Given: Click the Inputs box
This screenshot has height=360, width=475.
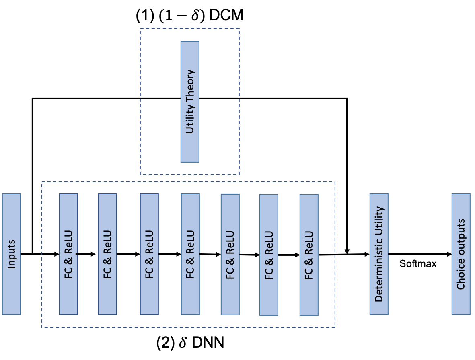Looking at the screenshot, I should point(11,254).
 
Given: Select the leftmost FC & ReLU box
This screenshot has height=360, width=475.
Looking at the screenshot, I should point(68,254).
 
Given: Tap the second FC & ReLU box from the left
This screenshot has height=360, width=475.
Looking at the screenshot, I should point(107,254).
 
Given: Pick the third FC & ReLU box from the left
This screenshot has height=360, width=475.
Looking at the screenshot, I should point(149,254).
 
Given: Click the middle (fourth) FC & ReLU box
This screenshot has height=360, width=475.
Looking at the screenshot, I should point(190,254).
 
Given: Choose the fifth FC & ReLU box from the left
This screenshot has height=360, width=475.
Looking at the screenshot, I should point(230,254).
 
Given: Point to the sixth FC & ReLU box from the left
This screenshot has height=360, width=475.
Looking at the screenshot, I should point(269,255).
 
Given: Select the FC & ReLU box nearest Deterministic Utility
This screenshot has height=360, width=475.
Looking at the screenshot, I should point(309,255).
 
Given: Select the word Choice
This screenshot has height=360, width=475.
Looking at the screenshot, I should point(461,275).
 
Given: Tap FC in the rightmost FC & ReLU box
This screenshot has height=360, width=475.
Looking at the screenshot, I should point(309,274).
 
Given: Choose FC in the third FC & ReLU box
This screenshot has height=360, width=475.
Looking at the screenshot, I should point(149,273).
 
